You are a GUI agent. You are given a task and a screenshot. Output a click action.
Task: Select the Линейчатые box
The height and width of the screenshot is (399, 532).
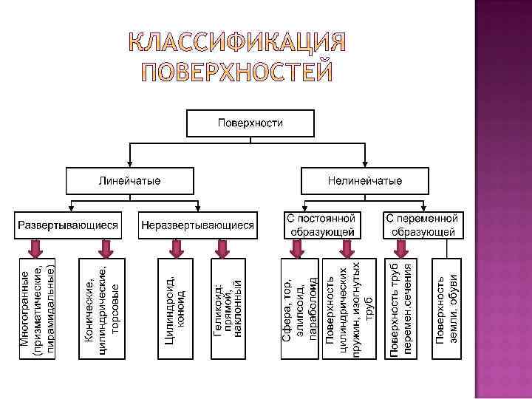tap(130, 180)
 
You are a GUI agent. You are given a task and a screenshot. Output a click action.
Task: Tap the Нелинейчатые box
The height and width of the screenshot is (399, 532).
tap(365, 180)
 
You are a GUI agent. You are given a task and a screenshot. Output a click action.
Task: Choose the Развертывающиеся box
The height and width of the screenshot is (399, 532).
tap(69, 225)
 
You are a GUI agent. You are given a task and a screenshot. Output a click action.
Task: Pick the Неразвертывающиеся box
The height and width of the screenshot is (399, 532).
tap(198, 225)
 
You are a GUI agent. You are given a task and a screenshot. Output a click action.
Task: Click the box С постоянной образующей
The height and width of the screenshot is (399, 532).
tap(321, 225)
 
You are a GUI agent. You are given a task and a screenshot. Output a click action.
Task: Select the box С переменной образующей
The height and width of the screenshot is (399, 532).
tap(423, 225)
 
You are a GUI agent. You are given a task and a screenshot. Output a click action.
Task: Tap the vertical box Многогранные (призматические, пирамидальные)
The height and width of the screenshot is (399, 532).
tap(36, 309)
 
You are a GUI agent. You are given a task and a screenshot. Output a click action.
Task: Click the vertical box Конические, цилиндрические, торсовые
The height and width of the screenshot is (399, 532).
tap(102, 309)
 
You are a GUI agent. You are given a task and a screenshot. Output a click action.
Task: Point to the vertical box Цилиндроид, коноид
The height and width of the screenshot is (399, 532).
tap(175, 309)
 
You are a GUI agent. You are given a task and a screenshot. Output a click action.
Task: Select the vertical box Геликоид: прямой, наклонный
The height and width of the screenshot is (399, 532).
tap(229, 309)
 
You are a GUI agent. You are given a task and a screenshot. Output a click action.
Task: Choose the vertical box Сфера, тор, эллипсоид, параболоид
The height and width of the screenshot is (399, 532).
tap(299, 309)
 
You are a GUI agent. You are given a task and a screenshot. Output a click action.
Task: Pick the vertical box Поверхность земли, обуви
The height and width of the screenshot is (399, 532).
tap(446, 309)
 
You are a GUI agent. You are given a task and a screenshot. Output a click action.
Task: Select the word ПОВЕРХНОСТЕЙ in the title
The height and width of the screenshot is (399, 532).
tap(238, 72)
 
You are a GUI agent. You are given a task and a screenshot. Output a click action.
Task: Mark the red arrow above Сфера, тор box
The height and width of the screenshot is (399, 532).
tap(298, 248)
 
